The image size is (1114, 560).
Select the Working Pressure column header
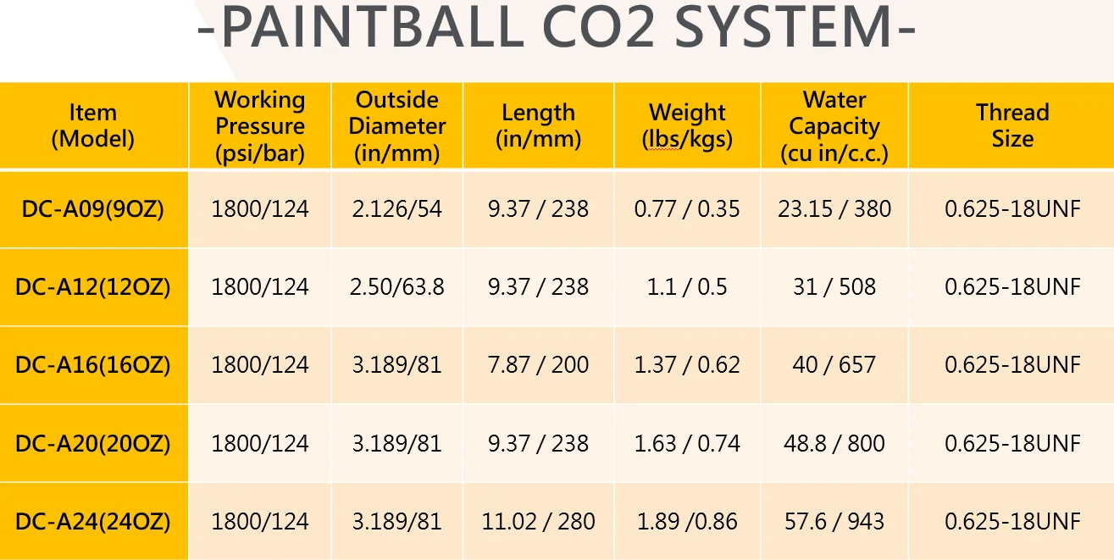[260, 126]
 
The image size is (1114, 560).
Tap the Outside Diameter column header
[397, 126]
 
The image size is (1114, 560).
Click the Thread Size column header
[1012, 126]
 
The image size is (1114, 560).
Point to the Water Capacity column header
[834, 126]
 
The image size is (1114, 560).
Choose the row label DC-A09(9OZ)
[93, 209]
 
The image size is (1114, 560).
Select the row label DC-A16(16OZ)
[93, 365]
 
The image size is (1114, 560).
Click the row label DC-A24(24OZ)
[93, 521]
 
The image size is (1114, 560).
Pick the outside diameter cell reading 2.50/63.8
[397, 287]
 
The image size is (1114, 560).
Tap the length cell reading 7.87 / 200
[538, 365]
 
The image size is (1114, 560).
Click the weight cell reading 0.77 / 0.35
[687, 209]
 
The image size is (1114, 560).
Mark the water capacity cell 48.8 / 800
[834, 443]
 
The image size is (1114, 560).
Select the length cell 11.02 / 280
[538, 521]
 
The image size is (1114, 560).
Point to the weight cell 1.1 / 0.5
[687, 287]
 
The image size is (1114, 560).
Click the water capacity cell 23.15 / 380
[834, 209]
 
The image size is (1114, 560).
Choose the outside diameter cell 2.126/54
[397, 209]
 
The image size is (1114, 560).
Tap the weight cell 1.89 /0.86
[687, 521]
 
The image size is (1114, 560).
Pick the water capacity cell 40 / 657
[834, 365]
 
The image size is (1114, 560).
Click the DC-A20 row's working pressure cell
[260, 443]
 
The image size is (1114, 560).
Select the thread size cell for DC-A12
[1012, 287]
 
